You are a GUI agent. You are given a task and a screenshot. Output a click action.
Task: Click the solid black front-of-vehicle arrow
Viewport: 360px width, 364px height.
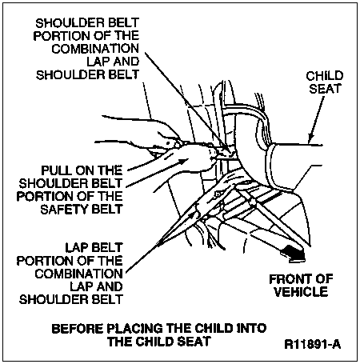293,253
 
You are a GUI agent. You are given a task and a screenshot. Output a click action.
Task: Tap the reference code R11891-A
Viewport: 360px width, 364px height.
313,344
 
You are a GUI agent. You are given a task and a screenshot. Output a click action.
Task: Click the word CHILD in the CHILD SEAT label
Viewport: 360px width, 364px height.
325,76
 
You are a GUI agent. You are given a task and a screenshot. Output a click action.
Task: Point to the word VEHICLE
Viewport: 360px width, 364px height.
301,292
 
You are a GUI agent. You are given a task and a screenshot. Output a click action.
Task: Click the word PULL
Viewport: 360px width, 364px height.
55,170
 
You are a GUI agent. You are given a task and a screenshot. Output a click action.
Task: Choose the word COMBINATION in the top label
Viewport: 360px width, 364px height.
95,49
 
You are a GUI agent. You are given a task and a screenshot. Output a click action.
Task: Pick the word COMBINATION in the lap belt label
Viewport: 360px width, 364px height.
78,274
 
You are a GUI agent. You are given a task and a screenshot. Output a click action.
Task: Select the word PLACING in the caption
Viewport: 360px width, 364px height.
135,329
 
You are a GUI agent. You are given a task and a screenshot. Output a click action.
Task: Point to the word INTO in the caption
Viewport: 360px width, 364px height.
251,329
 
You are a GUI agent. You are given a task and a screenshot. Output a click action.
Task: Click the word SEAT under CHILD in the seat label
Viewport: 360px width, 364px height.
325,89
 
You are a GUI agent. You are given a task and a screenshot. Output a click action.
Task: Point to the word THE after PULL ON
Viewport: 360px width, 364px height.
110,170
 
